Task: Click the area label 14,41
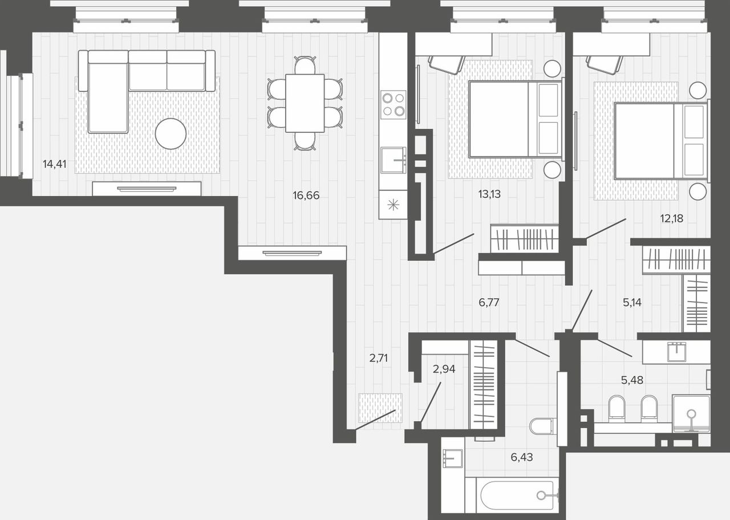[54, 164]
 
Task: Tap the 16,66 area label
[306, 195]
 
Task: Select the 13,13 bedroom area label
[489, 194]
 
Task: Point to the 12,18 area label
[672, 218]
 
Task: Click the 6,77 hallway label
[489, 302]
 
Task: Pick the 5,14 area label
[632, 302]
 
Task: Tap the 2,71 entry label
[378, 358]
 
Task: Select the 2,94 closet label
[444, 369]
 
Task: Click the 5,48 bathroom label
[632, 380]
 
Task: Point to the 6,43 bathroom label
[522, 457]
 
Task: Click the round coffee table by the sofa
[171, 133]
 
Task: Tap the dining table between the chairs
[305, 103]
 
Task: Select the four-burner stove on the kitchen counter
[394, 104]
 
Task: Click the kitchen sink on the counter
[394, 160]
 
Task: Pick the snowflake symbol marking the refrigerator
[394, 205]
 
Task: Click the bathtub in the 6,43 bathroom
[517, 495]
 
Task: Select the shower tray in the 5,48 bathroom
[691, 414]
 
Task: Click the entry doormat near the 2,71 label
[380, 408]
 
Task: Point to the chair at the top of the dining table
[305, 65]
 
